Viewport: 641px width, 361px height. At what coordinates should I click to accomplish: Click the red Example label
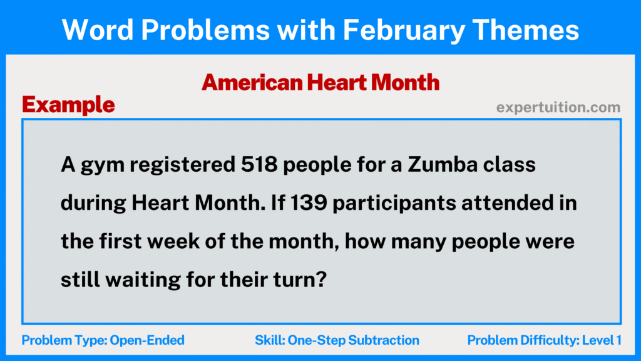point(68,105)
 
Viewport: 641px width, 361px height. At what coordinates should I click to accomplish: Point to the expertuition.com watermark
point(558,108)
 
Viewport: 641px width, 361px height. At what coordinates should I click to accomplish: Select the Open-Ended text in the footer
point(147,340)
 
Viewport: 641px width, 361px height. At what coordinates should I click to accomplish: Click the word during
point(94,204)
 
